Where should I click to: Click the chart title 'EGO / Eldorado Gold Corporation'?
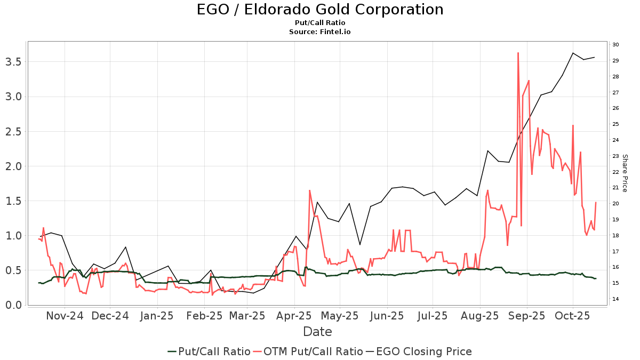tap(319, 10)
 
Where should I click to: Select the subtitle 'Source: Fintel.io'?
tap(319, 31)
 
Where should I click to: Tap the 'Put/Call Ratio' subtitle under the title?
tap(319, 23)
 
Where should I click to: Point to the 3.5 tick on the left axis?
tap(13, 62)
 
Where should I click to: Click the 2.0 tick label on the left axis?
tap(13, 166)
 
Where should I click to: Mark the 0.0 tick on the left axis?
tap(13, 305)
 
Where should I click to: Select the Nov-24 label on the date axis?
tap(65, 316)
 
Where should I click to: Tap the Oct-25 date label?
tap(572, 316)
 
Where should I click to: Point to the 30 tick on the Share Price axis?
tap(615, 45)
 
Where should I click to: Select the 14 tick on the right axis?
tap(615, 299)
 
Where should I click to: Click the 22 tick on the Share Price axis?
tap(615, 172)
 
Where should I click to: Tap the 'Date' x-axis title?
tap(317, 332)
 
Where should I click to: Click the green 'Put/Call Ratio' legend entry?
tap(209, 351)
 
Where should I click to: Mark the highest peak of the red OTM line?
tap(518, 53)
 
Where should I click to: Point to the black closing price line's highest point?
tap(573, 53)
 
